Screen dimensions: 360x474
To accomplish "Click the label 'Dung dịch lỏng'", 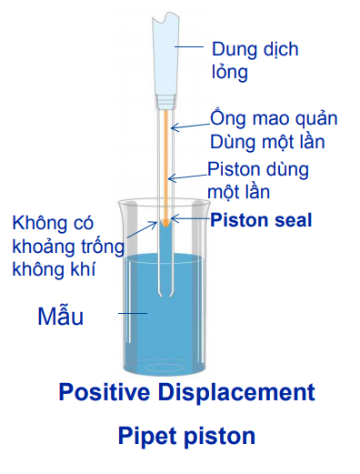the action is (255, 61).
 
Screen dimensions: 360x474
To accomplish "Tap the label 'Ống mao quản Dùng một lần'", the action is (274, 130).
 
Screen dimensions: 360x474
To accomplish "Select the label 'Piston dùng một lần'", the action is (258, 180).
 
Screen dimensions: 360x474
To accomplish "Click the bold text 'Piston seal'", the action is (261, 220).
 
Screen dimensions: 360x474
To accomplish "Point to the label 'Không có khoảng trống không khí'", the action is (68, 247).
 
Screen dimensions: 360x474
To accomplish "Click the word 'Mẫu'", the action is (60, 317).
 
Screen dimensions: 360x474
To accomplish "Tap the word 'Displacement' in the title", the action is (236, 392).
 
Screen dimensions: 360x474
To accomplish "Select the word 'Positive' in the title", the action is (105, 392).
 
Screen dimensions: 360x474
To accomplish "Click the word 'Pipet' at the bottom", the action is (148, 437).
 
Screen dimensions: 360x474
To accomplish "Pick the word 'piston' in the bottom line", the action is (220, 437).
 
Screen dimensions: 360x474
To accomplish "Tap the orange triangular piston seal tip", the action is (165, 223).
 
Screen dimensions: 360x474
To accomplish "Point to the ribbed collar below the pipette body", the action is (165, 101).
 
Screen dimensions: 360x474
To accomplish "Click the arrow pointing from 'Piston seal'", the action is (190, 218).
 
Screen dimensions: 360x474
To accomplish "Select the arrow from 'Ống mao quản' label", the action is (190, 126).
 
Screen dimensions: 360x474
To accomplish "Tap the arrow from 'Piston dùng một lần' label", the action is (187, 177).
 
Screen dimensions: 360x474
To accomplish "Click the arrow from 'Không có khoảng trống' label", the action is (142, 229).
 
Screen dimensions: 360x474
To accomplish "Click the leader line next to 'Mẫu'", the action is (133, 313).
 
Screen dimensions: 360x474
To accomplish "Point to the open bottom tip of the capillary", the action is (165, 295).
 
